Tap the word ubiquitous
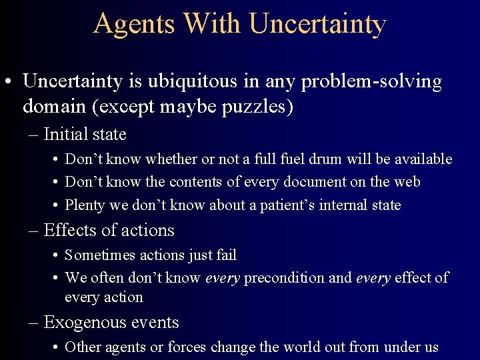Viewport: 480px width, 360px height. (x=204, y=82)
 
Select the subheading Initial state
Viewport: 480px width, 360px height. (x=85, y=135)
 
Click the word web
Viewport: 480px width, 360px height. (x=408, y=182)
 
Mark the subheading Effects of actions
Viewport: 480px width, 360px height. (x=109, y=231)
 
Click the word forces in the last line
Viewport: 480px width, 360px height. (x=189, y=347)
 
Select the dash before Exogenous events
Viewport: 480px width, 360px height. (x=33, y=323)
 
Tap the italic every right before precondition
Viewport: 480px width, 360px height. (x=221, y=279)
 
